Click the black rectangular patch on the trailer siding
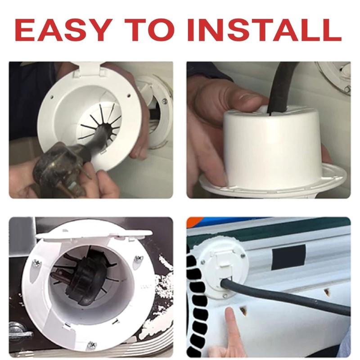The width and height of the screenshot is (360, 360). (x=288, y=256)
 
